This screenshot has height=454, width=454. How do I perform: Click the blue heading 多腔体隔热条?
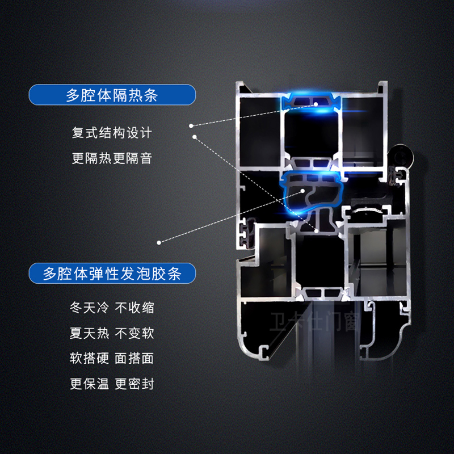[112, 94]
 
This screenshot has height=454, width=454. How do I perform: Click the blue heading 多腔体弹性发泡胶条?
[112, 274]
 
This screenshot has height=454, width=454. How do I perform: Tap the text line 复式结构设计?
[112, 133]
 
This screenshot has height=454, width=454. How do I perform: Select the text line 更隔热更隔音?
[112, 158]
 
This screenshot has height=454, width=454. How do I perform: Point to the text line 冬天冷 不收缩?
[112, 308]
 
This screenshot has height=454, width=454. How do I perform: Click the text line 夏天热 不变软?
[112, 333]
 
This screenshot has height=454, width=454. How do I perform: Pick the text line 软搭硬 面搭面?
[112, 358]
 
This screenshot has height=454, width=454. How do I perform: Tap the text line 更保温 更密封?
[112, 384]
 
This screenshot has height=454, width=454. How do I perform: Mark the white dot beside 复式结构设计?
[191, 125]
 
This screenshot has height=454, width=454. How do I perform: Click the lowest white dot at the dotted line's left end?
[159, 242]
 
